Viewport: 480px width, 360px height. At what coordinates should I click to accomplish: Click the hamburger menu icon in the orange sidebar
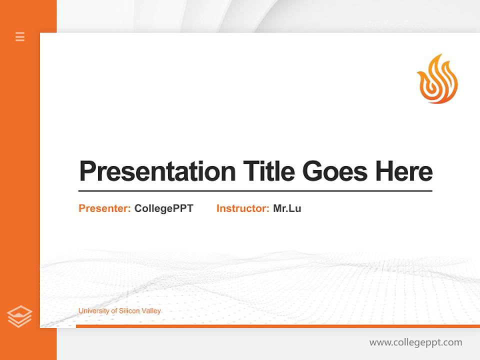20,36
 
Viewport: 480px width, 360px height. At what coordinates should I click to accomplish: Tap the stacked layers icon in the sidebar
19,316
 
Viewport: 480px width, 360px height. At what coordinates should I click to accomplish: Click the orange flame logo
437,79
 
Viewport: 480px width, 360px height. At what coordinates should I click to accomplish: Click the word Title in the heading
268,171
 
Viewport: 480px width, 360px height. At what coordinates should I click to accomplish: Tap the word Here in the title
404,171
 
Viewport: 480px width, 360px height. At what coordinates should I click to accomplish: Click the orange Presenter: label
104,208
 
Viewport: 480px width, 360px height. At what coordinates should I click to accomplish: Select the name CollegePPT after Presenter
163,208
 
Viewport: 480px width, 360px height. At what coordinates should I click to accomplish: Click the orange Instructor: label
242,208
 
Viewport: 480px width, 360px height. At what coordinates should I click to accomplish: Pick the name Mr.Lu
287,208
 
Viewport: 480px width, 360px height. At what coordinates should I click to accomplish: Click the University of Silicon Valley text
119,311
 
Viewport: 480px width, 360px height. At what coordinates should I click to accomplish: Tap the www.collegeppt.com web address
415,342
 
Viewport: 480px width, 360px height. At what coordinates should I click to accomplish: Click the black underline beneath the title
255,191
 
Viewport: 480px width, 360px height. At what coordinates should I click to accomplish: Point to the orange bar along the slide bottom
277,326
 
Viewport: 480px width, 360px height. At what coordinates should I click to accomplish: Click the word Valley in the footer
151,311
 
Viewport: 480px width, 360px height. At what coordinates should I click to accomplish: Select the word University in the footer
93,311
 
